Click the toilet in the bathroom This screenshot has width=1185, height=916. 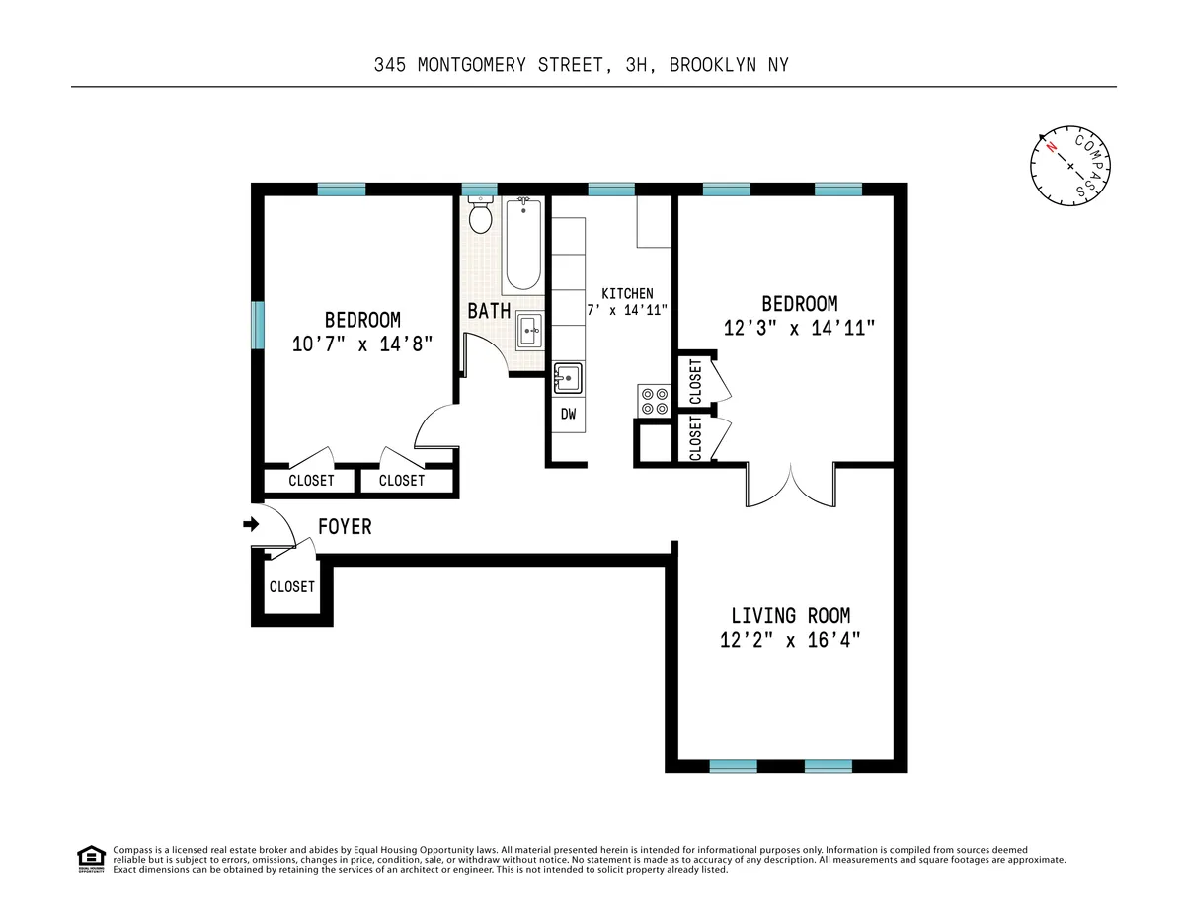[481, 216]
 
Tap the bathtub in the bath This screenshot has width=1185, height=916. [521, 245]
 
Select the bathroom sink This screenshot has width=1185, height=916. [529, 331]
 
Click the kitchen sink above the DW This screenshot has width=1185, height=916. [568, 378]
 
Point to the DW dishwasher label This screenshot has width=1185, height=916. [568, 414]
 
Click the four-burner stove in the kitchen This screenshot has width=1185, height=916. [653, 399]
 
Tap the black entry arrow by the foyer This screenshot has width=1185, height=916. [250, 524]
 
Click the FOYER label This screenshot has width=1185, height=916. [345, 527]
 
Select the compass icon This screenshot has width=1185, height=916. [1071, 166]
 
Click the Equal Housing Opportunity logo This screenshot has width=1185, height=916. [91, 859]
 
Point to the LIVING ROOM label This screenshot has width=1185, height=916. [790, 615]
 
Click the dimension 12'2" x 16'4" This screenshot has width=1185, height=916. [790, 640]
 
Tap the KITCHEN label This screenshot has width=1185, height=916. [627, 293]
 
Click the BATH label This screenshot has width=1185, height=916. [489, 310]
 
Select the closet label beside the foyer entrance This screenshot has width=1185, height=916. [291, 586]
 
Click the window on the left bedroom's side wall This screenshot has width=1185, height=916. [258, 325]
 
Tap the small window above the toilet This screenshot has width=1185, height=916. [479, 189]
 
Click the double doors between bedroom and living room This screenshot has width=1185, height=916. [791, 483]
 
